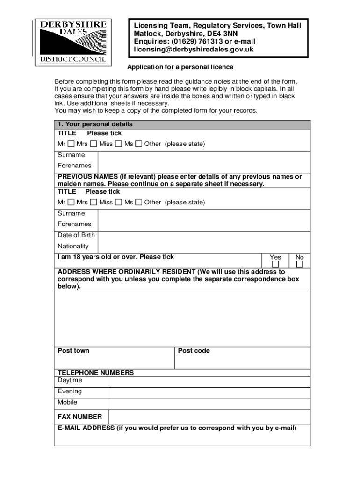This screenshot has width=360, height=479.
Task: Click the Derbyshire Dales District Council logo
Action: tap(73, 41)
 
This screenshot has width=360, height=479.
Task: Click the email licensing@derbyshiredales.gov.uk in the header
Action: tap(194, 50)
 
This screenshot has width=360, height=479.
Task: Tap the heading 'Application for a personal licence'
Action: tap(180, 67)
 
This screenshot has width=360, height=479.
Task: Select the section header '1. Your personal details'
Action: tap(95, 124)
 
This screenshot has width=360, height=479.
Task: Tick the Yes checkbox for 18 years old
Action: tap(275, 265)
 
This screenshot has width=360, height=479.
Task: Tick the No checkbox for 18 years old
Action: tap(300, 265)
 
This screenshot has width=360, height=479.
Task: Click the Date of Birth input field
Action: tap(204, 235)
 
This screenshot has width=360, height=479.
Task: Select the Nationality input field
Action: tap(204, 247)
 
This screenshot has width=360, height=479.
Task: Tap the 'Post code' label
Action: tap(194, 351)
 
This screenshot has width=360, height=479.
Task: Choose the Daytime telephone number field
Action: tap(209, 381)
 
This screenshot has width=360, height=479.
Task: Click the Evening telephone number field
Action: tap(209, 392)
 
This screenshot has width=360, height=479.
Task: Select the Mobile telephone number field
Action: tap(209, 403)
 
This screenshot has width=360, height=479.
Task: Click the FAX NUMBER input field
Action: tap(209, 417)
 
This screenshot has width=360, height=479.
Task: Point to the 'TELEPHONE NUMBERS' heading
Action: tap(95, 373)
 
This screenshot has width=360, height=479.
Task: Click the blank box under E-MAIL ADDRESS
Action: tap(182, 439)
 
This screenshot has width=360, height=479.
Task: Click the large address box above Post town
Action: tap(182, 318)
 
